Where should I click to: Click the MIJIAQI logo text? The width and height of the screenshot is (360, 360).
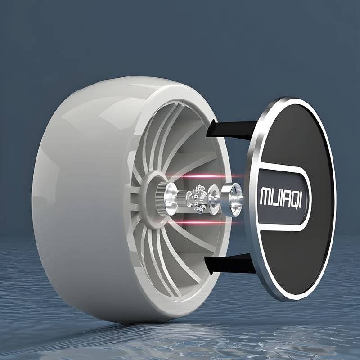click(280, 198)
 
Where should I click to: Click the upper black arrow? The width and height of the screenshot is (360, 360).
click(231, 129)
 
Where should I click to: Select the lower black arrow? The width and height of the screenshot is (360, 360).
click(229, 264)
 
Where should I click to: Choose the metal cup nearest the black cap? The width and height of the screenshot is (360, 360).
click(231, 200)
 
